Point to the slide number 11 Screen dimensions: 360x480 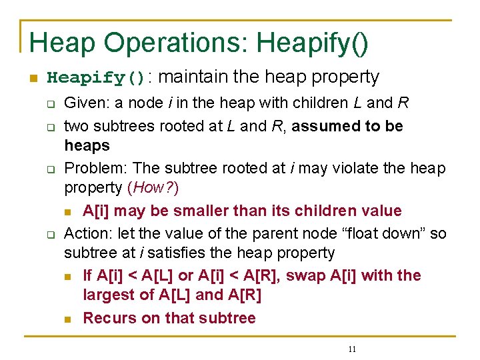click(x=352, y=349)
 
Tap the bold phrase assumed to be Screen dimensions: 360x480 click(x=347, y=126)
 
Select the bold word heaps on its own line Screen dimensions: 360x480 click(x=87, y=145)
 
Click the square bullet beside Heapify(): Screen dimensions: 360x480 click(x=32, y=79)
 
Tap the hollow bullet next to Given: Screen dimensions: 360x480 click(x=49, y=105)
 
